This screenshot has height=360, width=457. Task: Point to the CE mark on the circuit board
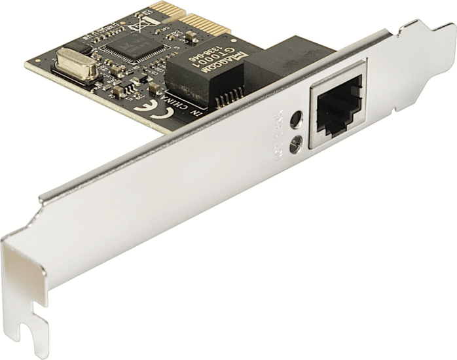pos(143,107)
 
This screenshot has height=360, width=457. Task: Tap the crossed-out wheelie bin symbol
pos(139,27)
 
